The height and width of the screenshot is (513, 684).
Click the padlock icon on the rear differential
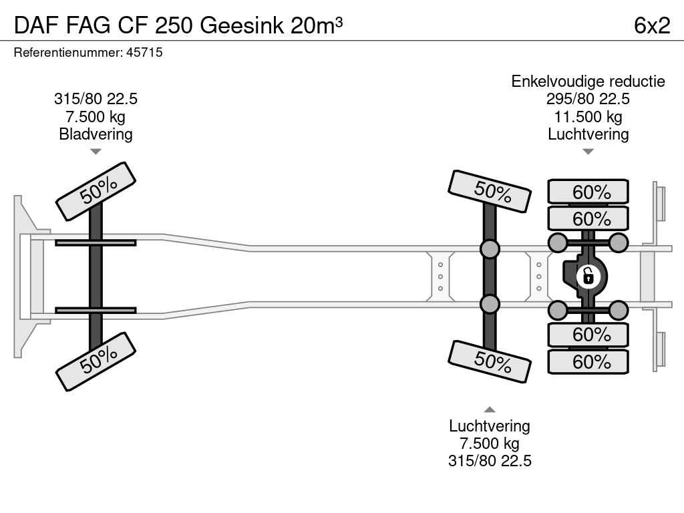(x=588, y=275)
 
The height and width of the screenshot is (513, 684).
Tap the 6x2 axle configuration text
(x=652, y=25)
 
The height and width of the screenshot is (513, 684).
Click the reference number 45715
(x=144, y=52)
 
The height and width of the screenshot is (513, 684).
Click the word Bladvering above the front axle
(x=96, y=134)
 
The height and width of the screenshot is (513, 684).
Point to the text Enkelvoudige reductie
(x=588, y=81)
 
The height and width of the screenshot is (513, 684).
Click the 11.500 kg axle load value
(x=588, y=117)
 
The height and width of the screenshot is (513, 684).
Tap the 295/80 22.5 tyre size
(x=588, y=99)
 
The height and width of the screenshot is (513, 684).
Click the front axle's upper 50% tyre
(x=96, y=191)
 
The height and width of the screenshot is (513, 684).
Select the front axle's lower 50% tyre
(x=96, y=361)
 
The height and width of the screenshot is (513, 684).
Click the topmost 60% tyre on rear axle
(x=588, y=192)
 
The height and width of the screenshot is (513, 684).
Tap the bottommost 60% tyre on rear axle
(x=588, y=362)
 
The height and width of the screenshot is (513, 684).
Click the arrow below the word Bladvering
(x=96, y=152)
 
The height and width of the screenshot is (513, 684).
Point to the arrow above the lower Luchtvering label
(x=490, y=409)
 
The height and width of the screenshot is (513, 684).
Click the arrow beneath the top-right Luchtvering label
(x=588, y=152)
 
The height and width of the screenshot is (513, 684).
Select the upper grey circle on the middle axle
(x=490, y=249)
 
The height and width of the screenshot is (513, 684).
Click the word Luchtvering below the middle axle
(x=490, y=426)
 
